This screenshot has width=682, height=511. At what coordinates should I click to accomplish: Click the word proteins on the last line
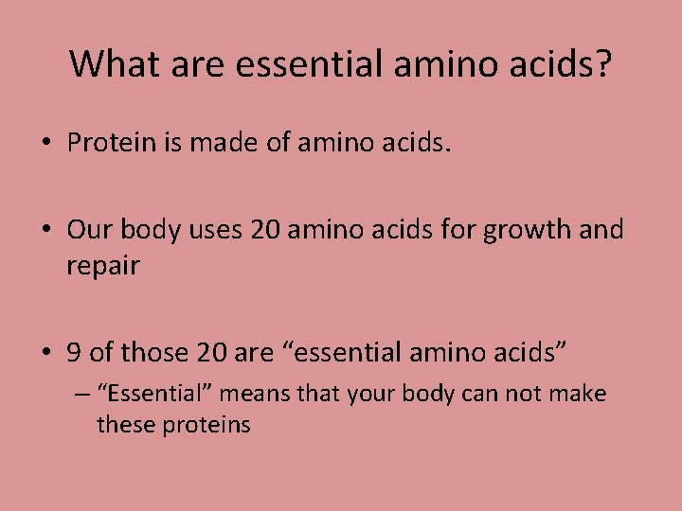point(206,424)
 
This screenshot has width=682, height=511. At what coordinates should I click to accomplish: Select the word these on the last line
point(126,424)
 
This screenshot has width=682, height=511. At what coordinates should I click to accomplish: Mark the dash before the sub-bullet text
point(81,393)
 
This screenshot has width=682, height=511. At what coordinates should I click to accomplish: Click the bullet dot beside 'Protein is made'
point(45,144)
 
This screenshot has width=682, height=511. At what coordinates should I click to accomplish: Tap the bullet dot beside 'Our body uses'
point(45,231)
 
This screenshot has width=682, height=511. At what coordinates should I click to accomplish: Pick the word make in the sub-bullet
point(578,393)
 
